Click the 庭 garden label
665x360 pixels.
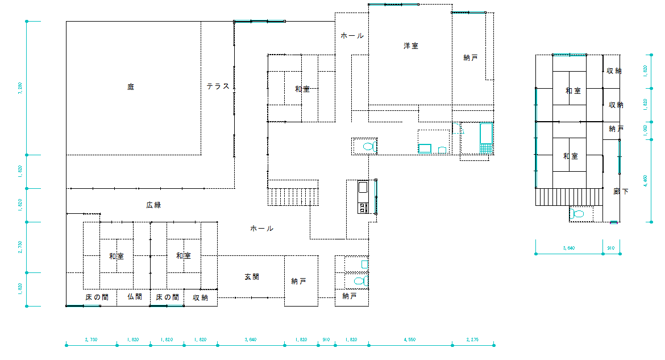click(131, 87)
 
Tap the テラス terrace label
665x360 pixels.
click(218, 86)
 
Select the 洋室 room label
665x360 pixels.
click(411, 46)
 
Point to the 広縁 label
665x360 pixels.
click(153, 205)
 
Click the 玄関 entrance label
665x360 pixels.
click(252, 277)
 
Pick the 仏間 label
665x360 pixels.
click(135, 297)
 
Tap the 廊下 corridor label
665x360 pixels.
click(621, 192)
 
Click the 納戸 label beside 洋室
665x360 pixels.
click(471, 58)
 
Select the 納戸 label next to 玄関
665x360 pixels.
click(299, 282)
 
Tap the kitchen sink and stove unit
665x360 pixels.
click(363, 197)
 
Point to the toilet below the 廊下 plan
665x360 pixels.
click(577, 214)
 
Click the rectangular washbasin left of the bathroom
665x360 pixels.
click(425, 149)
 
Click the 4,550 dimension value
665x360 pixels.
click(410, 340)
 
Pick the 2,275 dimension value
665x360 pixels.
click(473, 340)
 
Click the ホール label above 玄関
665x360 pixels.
click(262, 229)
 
